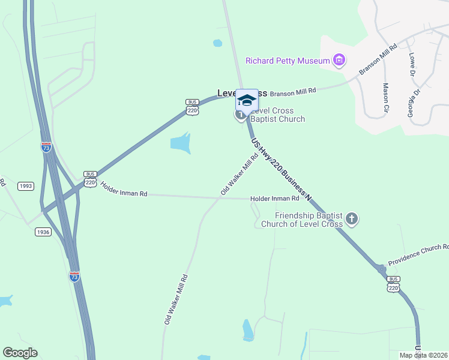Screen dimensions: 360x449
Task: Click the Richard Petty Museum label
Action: click(288, 61)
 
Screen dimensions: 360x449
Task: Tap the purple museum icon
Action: click(340, 60)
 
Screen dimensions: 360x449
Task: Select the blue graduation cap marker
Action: click(247, 100)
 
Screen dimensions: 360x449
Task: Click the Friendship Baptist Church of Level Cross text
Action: click(309, 220)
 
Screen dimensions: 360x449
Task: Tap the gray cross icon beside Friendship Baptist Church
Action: click(352, 220)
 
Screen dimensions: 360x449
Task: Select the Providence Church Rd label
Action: click(418, 256)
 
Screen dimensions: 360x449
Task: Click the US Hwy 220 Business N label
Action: click(282, 170)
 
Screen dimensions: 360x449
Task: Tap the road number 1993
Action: click(25, 186)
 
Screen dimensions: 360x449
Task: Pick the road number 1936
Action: click(43, 232)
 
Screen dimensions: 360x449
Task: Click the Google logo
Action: click(20, 353)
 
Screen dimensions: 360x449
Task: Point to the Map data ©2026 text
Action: click(423, 355)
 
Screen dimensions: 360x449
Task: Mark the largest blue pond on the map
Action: click(180, 143)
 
